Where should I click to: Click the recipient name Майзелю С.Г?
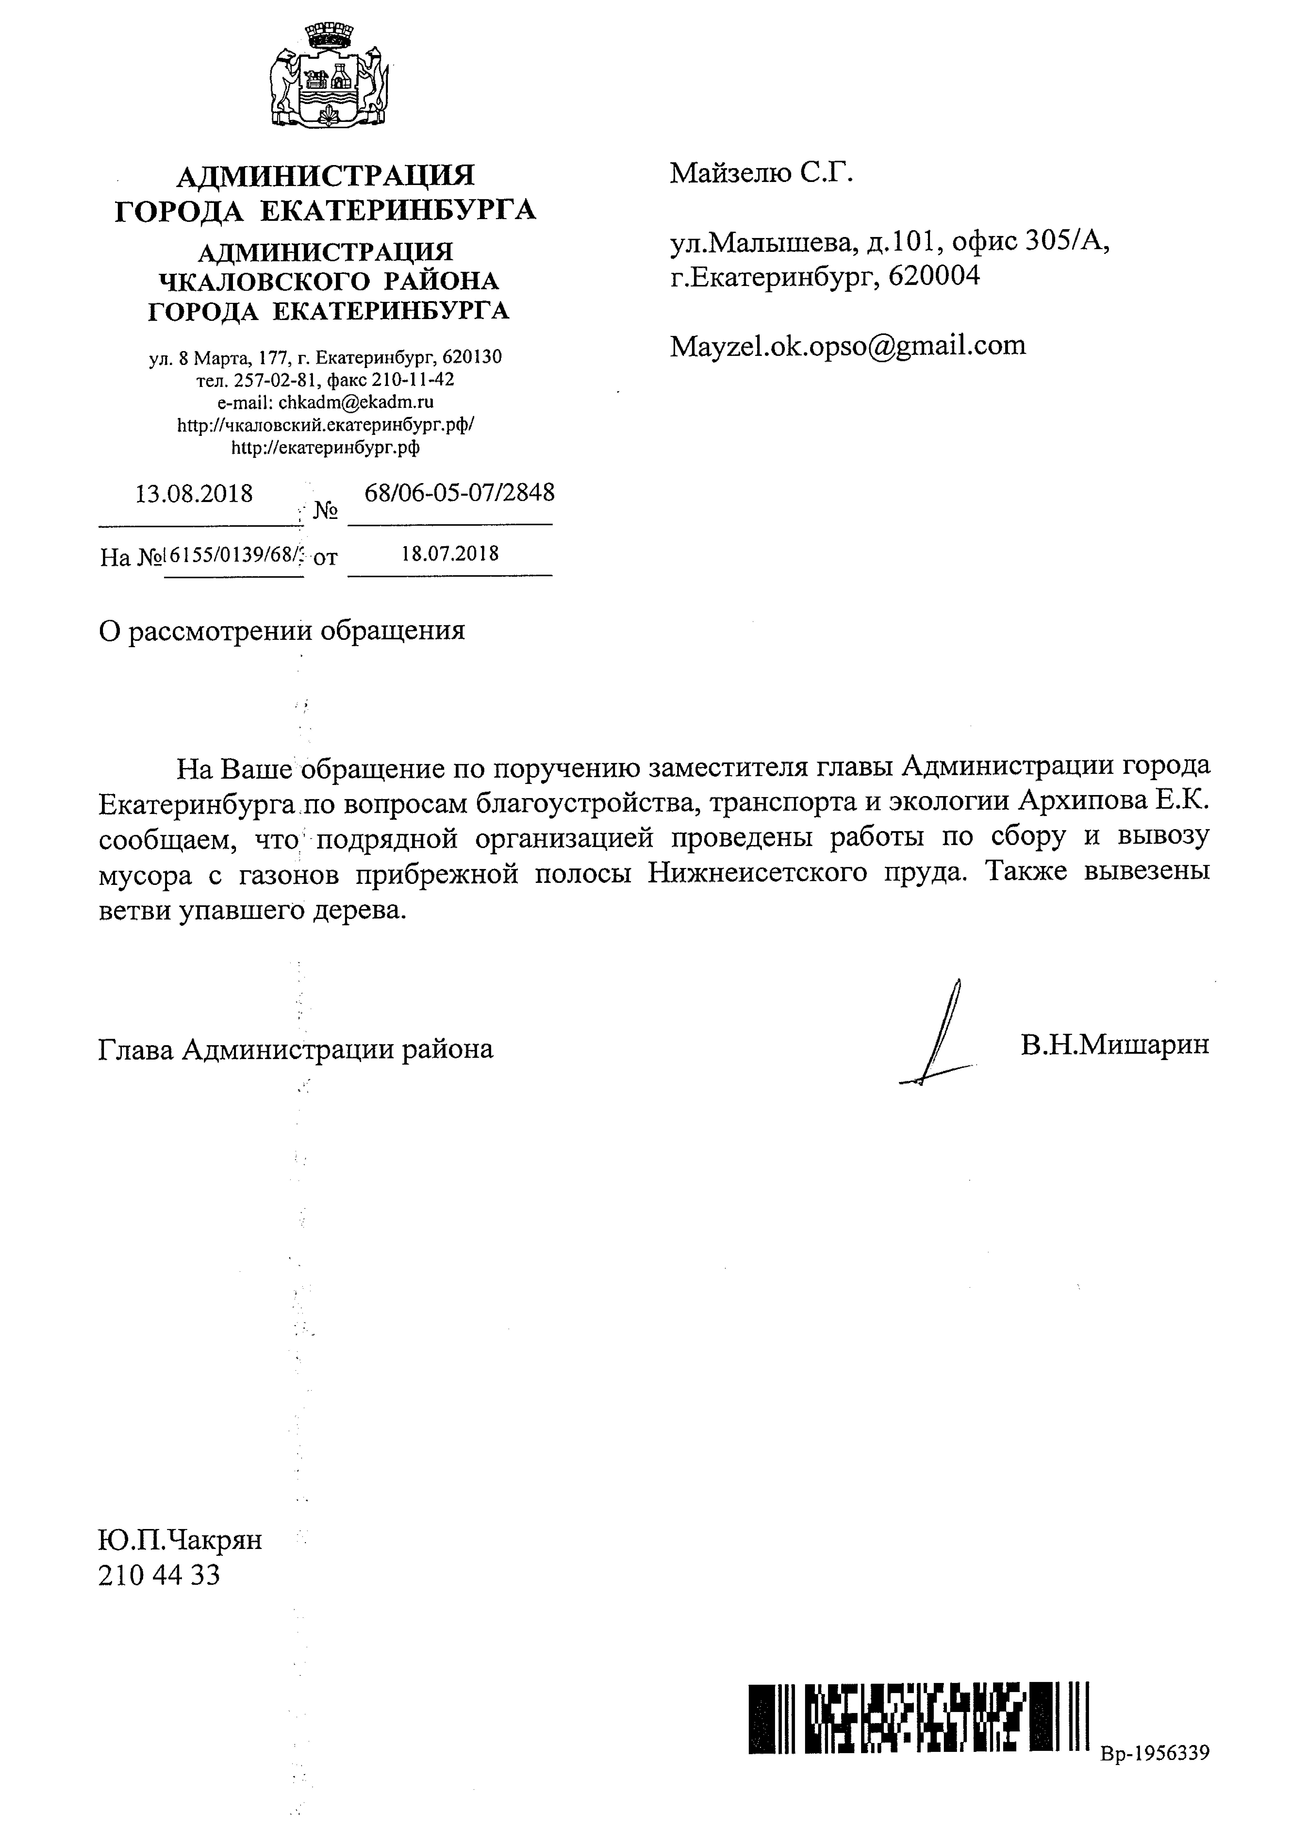click(x=760, y=173)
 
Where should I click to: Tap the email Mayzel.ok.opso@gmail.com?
click(x=848, y=345)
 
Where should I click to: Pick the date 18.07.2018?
click(x=450, y=553)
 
